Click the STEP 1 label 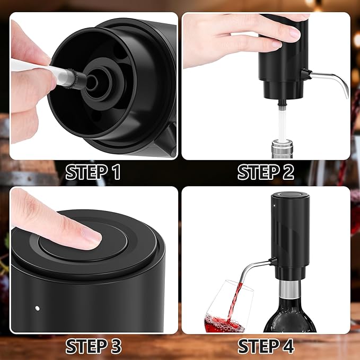(x=93, y=172)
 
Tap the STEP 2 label (x=266, y=172)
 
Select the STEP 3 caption (x=93, y=346)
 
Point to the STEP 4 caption (x=266, y=346)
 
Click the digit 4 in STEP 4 (x=287, y=346)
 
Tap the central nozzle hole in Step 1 (x=92, y=82)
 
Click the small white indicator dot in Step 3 (x=37, y=308)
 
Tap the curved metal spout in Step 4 (x=260, y=268)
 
